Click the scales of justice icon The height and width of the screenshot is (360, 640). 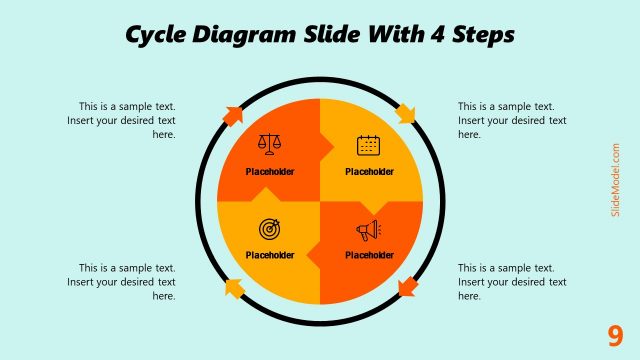[x=270, y=145]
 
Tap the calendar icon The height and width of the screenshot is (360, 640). [x=369, y=145]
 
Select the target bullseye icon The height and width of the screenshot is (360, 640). [x=270, y=229]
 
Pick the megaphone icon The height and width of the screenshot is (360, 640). [x=369, y=231]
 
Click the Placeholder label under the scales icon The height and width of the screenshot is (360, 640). [x=270, y=171]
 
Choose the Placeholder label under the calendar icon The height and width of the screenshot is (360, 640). [x=369, y=171]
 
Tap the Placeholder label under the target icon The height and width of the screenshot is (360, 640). [x=270, y=255]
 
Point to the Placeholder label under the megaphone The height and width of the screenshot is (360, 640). [x=369, y=255]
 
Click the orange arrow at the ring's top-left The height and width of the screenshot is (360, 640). [x=232, y=113]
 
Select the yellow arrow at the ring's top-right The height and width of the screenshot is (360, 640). [x=405, y=113]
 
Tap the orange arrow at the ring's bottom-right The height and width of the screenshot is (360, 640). [x=406, y=288]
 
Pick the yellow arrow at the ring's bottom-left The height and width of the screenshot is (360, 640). [x=234, y=288]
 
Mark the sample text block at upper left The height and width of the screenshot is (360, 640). [x=127, y=120]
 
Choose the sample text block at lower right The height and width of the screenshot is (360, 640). [x=512, y=282]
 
